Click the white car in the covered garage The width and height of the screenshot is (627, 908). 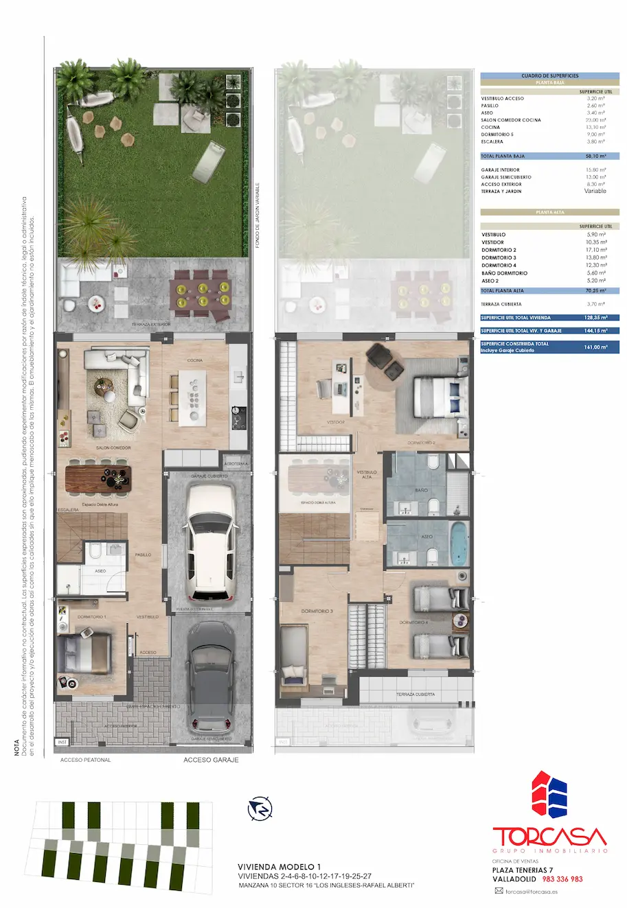click(211, 542)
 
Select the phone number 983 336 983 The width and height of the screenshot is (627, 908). click(562, 879)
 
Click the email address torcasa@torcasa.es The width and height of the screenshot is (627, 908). click(531, 892)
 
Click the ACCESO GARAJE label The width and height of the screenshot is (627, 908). click(211, 760)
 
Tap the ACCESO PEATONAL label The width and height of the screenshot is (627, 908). click(85, 760)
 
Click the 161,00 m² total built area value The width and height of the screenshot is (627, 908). click(595, 347)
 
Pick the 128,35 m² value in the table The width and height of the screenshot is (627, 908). click(595, 318)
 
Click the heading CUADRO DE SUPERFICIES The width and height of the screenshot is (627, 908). click(549, 76)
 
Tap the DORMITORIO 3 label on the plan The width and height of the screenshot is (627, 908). click(317, 611)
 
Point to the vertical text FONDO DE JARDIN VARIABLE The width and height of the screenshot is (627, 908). click(258, 215)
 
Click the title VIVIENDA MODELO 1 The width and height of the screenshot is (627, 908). click(279, 867)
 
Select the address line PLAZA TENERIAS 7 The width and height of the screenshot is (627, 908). click(522, 870)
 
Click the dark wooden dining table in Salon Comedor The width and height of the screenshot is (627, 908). click(98, 478)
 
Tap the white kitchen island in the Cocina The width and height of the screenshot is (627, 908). click(193, 398)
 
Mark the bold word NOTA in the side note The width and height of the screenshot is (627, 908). click(16, 747)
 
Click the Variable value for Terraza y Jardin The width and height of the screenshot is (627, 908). click(595, 191)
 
